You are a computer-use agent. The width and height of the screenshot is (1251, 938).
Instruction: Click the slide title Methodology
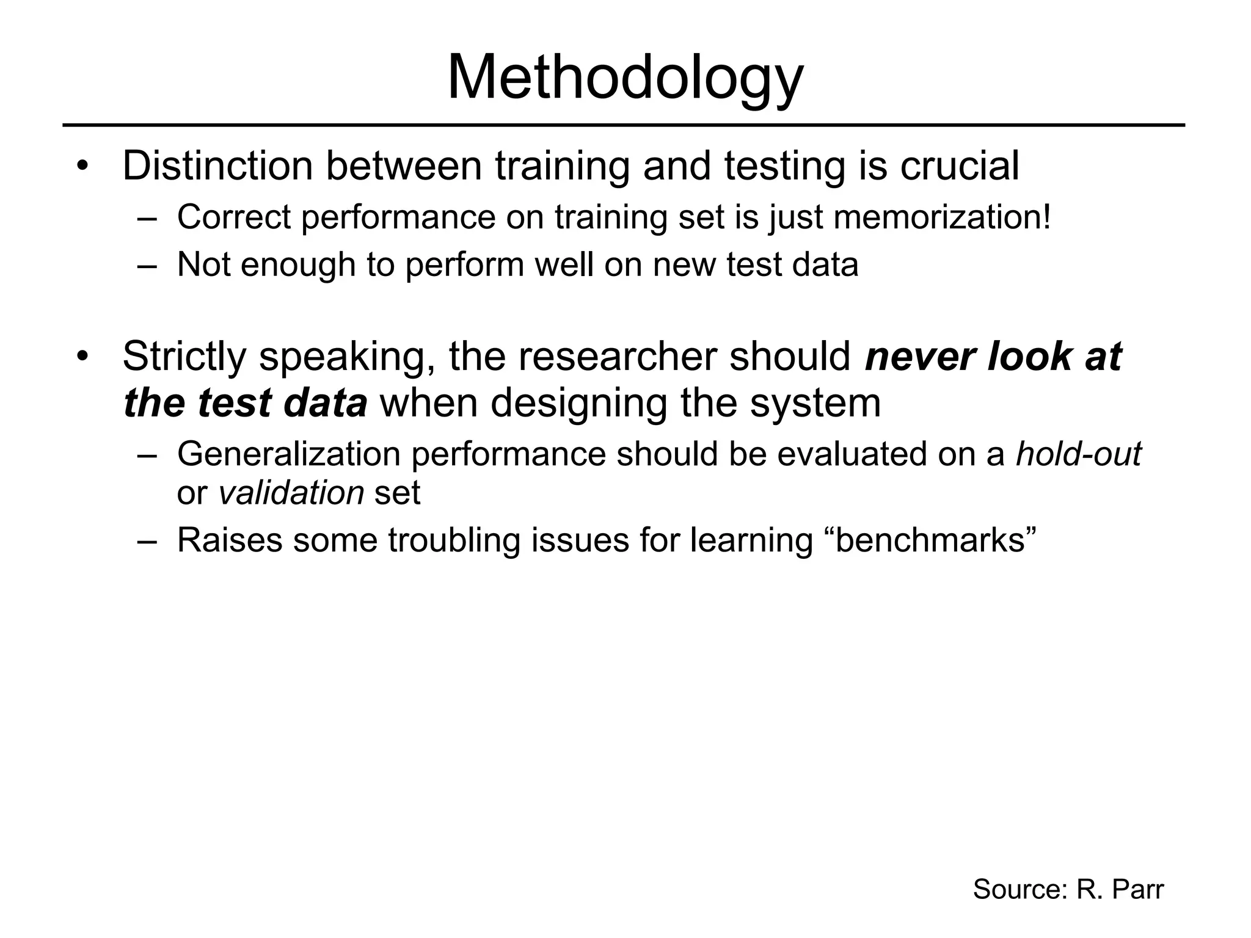coord(625,78)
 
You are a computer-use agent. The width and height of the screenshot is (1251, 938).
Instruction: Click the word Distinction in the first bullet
coord(217,165)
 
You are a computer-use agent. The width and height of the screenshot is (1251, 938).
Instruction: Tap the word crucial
coord(959,165)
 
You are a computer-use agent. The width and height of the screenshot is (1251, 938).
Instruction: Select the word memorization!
coord(943,217)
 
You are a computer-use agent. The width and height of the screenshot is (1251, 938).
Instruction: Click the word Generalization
coord(289,454)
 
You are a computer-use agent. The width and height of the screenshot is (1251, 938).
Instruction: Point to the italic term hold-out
coord(1078,454)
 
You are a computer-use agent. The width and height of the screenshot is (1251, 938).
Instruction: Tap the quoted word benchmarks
coord(935,540)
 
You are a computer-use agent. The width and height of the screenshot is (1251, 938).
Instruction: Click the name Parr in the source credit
coord(1138,889)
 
